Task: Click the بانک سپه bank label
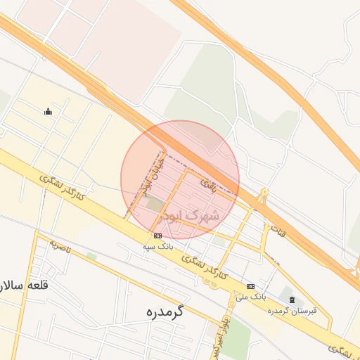(157, 247)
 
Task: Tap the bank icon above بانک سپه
(157, 236)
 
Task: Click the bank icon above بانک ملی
(251, 286)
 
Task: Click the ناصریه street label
(62, 245)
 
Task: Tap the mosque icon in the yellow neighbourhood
(48, 110)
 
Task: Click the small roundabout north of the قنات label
(264, 194)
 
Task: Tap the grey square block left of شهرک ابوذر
(154, 204)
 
